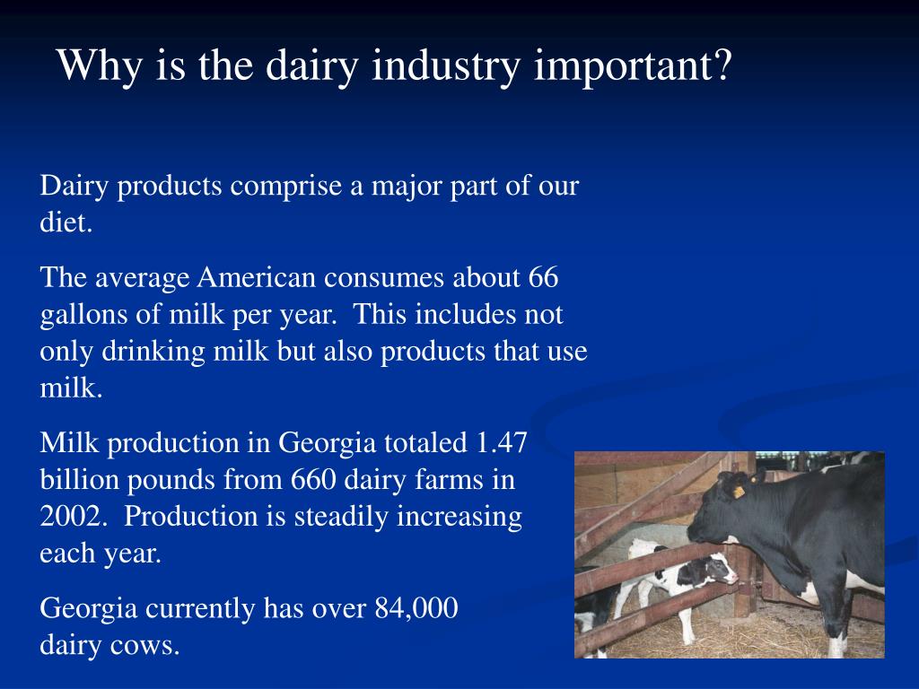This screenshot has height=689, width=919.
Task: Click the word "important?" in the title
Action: coord(633,66)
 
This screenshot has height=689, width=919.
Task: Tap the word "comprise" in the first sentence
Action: coord(286,187)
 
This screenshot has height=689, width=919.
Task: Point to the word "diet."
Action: coord(66,223)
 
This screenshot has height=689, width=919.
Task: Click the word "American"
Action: coord(258,278)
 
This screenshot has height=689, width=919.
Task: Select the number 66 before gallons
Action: coord(543,278)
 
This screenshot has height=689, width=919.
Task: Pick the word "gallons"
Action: coord(74,315)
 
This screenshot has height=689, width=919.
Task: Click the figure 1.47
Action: coord(502,443)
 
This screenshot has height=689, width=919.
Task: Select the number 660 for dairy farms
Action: coord(311,480)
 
